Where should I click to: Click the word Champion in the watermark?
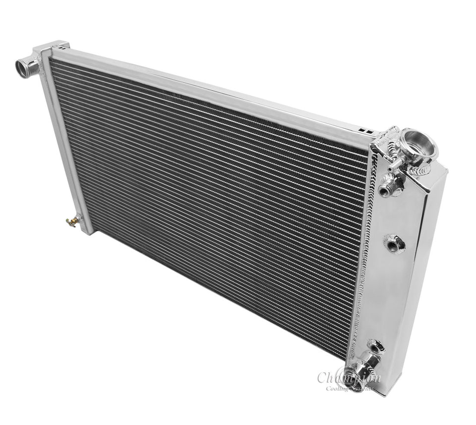(350, 377)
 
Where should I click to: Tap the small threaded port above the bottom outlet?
(375, 345)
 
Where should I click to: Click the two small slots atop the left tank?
(61, 48)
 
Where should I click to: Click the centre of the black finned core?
(208, 203)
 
